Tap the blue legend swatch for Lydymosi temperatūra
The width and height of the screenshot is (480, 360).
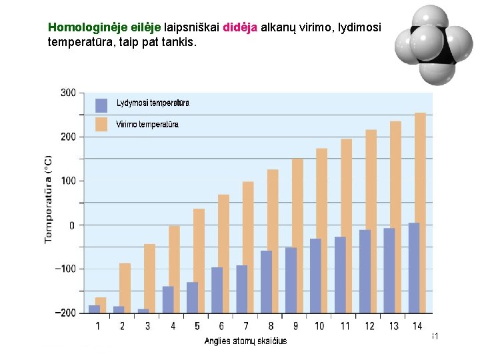101,105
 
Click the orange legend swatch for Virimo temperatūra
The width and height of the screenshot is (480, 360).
101,125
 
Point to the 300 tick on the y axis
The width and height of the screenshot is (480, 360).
68,92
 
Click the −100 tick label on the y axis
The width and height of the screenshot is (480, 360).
65,269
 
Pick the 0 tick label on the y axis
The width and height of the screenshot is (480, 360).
72,225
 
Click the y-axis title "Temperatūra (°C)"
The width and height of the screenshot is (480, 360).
49,199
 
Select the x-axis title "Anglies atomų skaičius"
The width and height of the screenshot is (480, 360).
246,341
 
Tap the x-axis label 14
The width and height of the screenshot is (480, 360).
418,326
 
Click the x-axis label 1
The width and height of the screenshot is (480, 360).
98,326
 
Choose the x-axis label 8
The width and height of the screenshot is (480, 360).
270,326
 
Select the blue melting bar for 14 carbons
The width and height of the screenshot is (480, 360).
413,267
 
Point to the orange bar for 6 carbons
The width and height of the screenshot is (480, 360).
223,253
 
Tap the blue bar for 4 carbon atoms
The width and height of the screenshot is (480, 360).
168,299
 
